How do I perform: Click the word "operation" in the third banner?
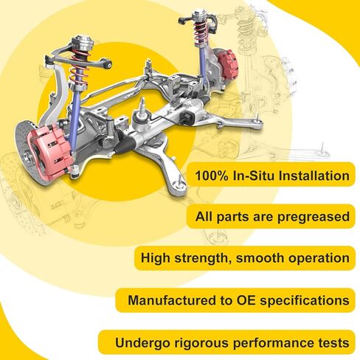click(316, 259)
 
